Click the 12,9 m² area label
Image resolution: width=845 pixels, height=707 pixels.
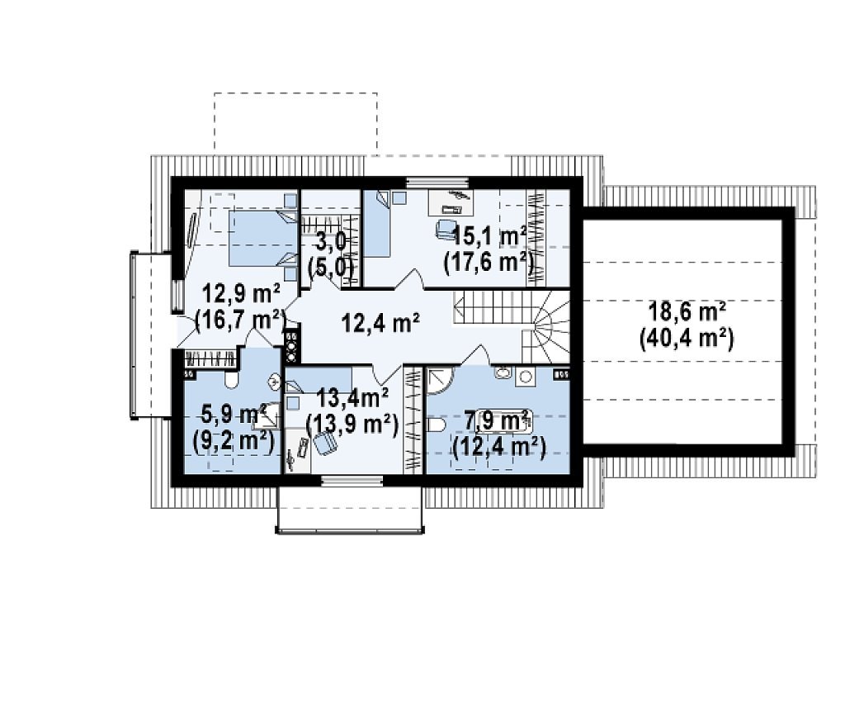tap(240, 296)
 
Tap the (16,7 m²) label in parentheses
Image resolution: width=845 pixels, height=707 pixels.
tap(240, 320)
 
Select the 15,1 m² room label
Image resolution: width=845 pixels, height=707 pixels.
tap(489, 236)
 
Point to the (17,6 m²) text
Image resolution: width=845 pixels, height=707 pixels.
tap(489, 263)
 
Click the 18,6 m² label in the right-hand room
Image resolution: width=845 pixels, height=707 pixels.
tap(687, 312)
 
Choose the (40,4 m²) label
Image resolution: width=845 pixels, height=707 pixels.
tap(687, 339)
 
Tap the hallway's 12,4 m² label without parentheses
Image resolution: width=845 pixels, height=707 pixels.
tap(381, 323)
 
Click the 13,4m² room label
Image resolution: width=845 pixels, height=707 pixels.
tap(353, 399)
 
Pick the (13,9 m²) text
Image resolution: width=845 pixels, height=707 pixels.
tap(352, 425)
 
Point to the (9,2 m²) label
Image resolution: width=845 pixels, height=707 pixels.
tap(234, 441)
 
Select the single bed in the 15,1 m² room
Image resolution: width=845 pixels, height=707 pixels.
tap(378, 224)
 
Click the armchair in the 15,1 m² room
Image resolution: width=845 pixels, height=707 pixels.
tap(445, 228)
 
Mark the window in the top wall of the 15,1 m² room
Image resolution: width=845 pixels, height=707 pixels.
tap(437, 183)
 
